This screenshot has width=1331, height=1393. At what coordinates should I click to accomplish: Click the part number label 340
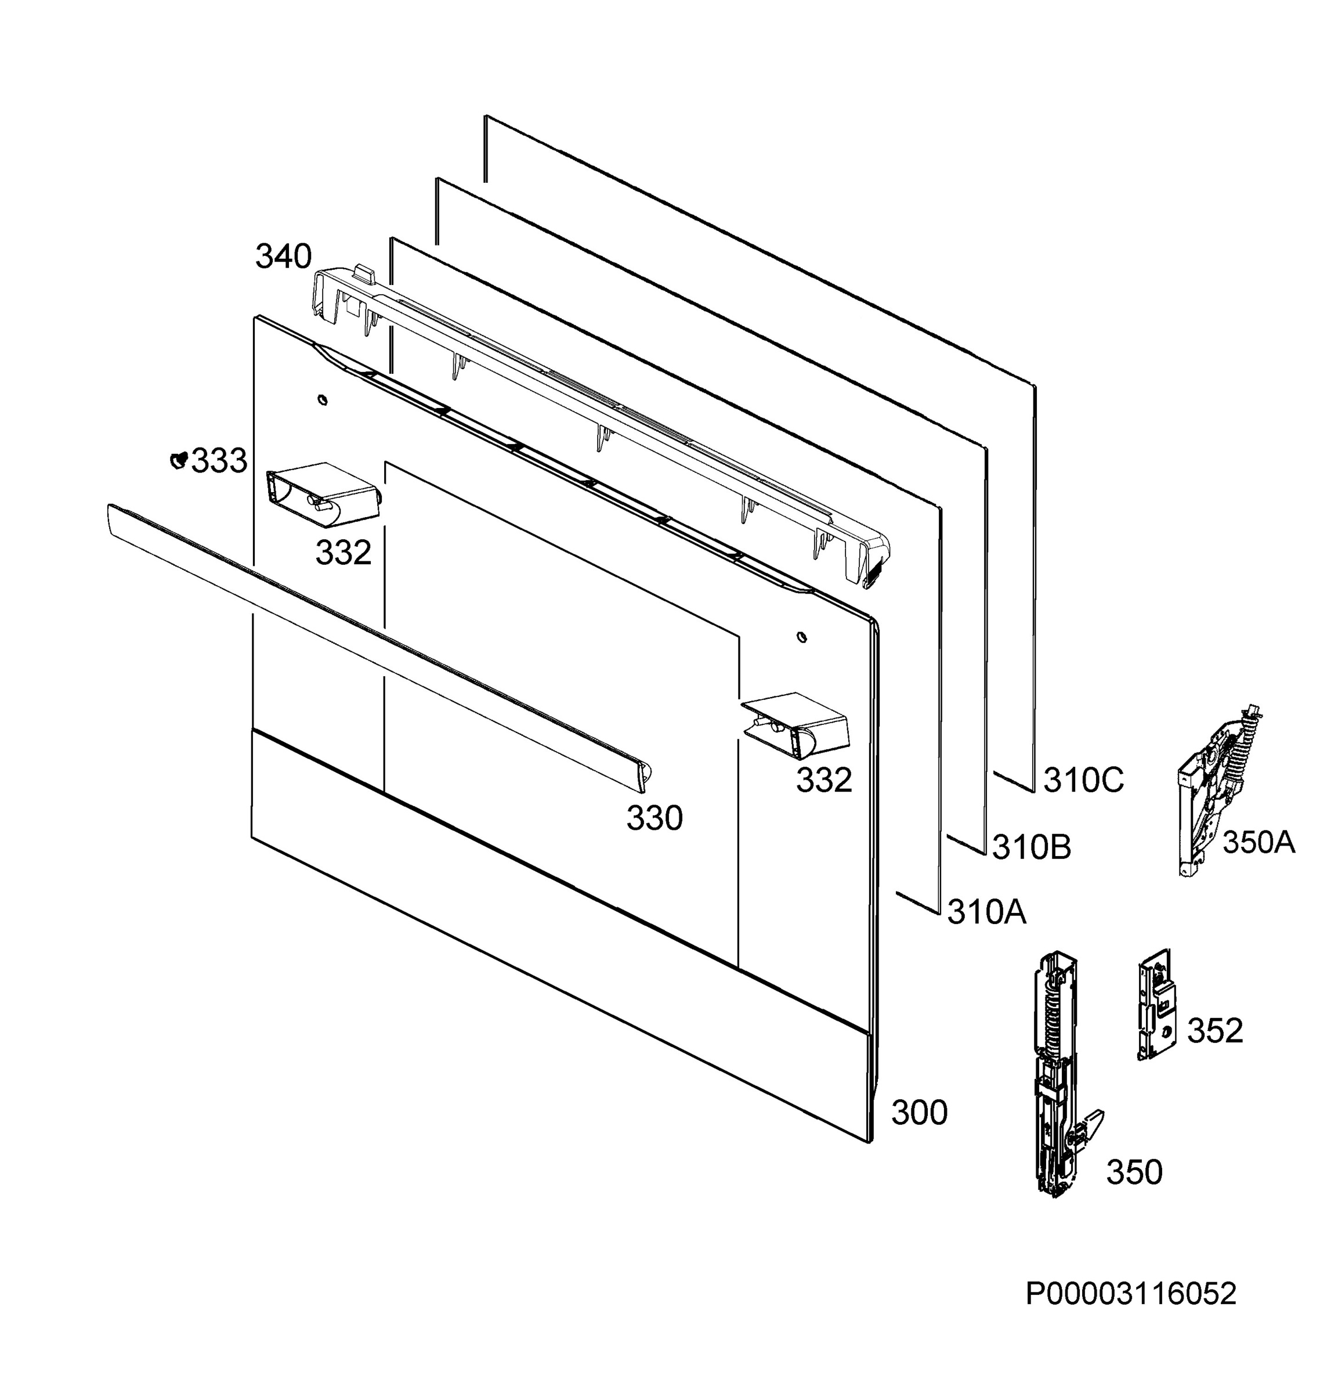tap(283, 257)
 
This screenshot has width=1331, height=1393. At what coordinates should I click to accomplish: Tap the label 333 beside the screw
tap(219, 461)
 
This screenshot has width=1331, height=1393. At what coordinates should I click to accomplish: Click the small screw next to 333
tap(179, 460)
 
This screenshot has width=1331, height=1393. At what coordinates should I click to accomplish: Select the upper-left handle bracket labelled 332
tap(323, 494)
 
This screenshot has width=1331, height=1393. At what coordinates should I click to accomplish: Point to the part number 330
tap(654, 819)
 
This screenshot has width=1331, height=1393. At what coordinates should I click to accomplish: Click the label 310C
tap(1083, 781)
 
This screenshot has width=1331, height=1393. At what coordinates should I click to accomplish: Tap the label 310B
tap(1032, 847)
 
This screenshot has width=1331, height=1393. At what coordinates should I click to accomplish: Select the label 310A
tap(987, 912)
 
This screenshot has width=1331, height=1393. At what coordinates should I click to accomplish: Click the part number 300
tap(919, 1113)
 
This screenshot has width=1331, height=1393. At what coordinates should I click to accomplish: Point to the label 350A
tap(1258, 843)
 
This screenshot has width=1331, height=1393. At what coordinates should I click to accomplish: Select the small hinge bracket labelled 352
tap(1156, 1004)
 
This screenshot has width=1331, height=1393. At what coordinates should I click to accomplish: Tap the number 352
tap(1216, 1031)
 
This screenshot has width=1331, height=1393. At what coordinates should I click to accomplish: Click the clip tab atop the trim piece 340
tap(363, 273)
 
